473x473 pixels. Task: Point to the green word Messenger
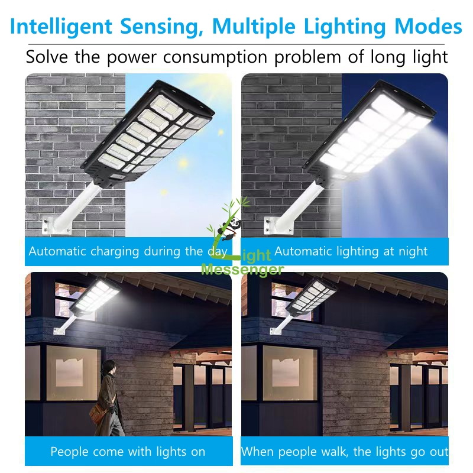coord(242,270)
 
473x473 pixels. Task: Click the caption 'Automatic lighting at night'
coord(351,251)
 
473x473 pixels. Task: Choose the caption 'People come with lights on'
coord(128,452)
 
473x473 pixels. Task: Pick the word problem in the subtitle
coord(322,57)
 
